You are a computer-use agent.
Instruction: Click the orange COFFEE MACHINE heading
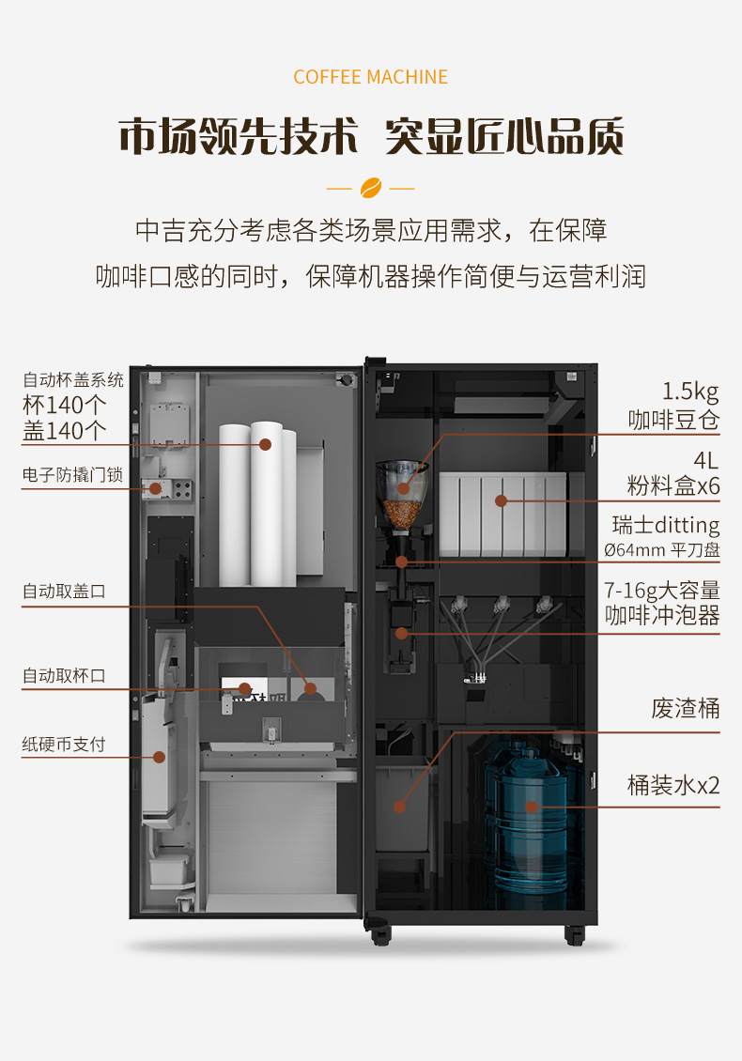click(370, 77)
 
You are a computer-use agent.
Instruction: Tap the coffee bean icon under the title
click(370, 187)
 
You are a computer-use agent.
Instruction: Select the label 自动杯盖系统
click(73, 380)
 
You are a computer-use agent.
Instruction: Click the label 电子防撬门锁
click(73, 475)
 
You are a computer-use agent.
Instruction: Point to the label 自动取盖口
click(65, 592)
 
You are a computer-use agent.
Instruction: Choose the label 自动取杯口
click(65, 675)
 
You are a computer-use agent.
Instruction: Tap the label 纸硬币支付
click(65, 745)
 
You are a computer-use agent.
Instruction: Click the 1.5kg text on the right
click(690, 392)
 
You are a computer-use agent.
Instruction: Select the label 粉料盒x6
click(673, 486)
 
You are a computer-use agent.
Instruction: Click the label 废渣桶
click(686, 708)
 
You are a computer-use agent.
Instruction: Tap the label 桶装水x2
click(673, 785)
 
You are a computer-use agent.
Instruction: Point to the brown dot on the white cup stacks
click(266, 444)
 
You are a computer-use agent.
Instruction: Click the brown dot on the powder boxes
click(502, 500)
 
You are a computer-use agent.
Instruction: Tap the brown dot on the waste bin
click(399, 806)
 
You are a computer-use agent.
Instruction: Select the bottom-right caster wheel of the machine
click(575, 934)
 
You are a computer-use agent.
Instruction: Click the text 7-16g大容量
click(663, 591)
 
